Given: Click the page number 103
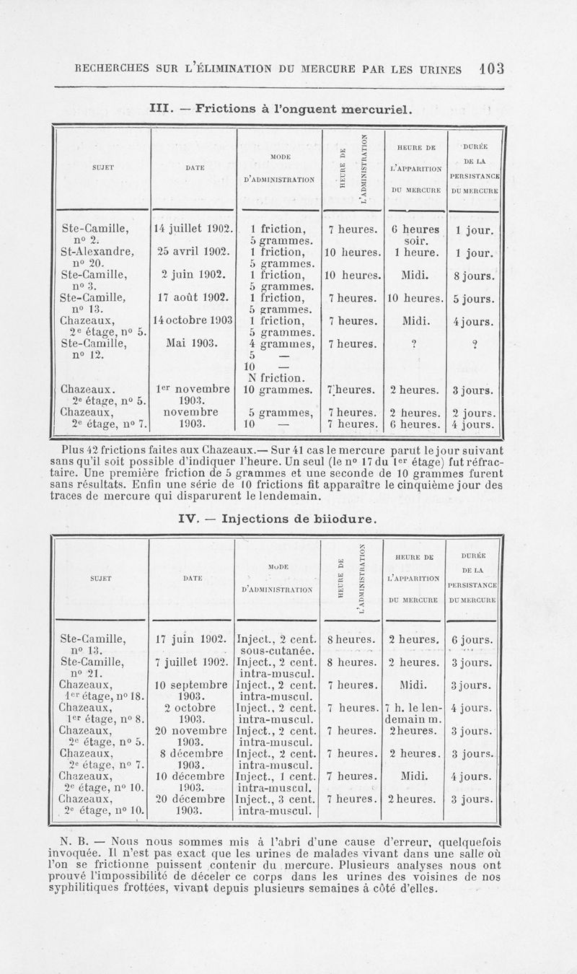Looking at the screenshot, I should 490,69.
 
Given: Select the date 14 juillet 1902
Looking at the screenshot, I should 191,229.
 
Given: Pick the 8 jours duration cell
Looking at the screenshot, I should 474,276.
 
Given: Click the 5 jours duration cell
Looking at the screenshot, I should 474,299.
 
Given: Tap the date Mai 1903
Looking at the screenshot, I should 191,344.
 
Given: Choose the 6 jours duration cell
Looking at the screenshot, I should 472,639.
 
